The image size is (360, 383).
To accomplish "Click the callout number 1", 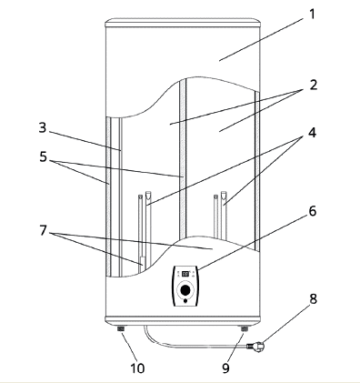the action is [312, 15].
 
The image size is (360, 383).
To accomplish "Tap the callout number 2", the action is [314, 85].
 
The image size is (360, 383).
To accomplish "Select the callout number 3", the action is [43, 127].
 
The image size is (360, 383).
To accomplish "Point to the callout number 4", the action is [312, 133].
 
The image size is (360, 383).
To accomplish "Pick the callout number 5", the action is [44, 157].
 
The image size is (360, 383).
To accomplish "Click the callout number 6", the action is [313, 211].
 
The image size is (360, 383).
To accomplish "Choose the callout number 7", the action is [43, 230].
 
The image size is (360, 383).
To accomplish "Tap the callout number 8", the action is [313, 299].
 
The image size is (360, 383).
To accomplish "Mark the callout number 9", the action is [225, 368].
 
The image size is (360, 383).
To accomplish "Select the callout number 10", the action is [137, 368].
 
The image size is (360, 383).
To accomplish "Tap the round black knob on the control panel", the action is [185, 290].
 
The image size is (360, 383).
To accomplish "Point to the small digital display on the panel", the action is [185, 274].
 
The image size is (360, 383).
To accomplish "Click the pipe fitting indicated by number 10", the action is [121, 328].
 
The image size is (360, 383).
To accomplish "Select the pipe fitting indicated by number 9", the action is [245, 328].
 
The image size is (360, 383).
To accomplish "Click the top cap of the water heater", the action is [183, 23].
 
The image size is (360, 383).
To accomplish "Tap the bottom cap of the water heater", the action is [183, 321].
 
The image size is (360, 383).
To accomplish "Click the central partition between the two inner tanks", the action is [183, 157].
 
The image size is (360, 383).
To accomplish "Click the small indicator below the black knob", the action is [185, 301].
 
